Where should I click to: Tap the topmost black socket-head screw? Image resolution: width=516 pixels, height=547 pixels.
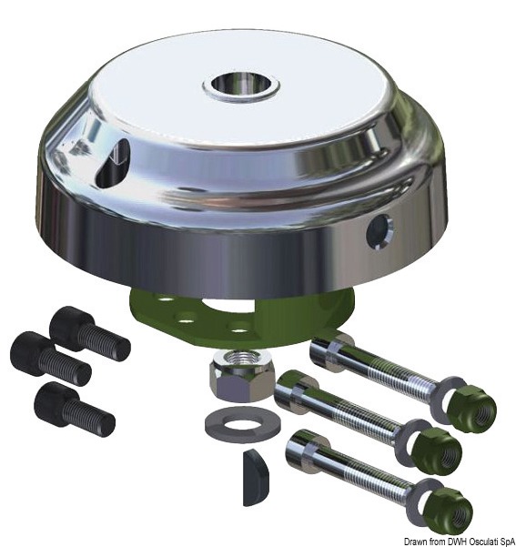click(x=87, y=330)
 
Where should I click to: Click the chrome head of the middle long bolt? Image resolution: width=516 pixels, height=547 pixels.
click(x=294, y=394)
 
